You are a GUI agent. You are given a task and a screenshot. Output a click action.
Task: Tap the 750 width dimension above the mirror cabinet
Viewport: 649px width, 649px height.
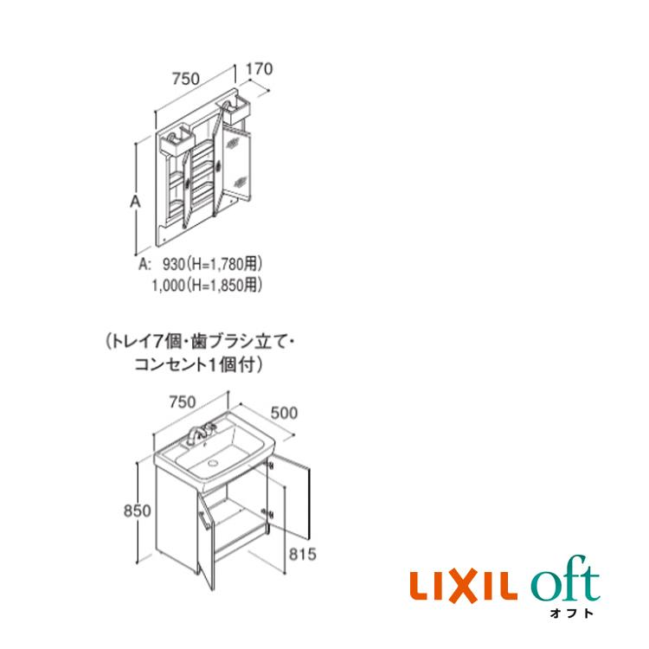[x=185, y=78]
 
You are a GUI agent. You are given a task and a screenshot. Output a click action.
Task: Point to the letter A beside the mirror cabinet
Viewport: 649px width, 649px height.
[x=135, y=202]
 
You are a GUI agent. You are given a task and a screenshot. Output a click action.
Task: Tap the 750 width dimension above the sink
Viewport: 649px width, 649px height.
[x=183, y=402]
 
